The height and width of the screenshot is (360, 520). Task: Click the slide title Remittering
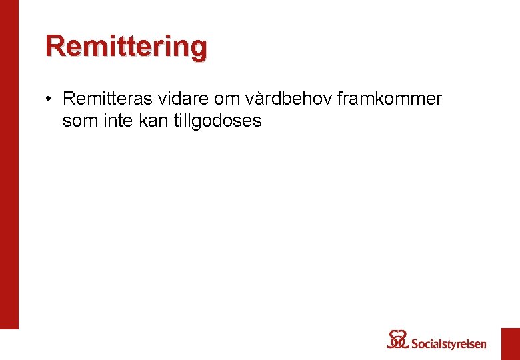click(x=126, y=47)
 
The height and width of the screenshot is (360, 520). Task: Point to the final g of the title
click(x=197, y=49)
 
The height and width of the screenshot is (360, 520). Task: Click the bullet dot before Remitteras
click(x=49, y=100)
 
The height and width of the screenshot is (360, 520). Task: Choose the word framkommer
click(x=390, y=99)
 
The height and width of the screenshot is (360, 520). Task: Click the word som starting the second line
click(x=78, y=121)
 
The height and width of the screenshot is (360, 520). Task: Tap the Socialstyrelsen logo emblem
click(x=397, y=339)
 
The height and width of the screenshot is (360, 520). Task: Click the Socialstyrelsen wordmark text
click(x=448, y=344)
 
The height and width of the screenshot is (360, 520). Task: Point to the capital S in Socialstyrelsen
click(x=414, y=344)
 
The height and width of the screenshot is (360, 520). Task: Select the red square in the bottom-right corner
click(x=511, y=343)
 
